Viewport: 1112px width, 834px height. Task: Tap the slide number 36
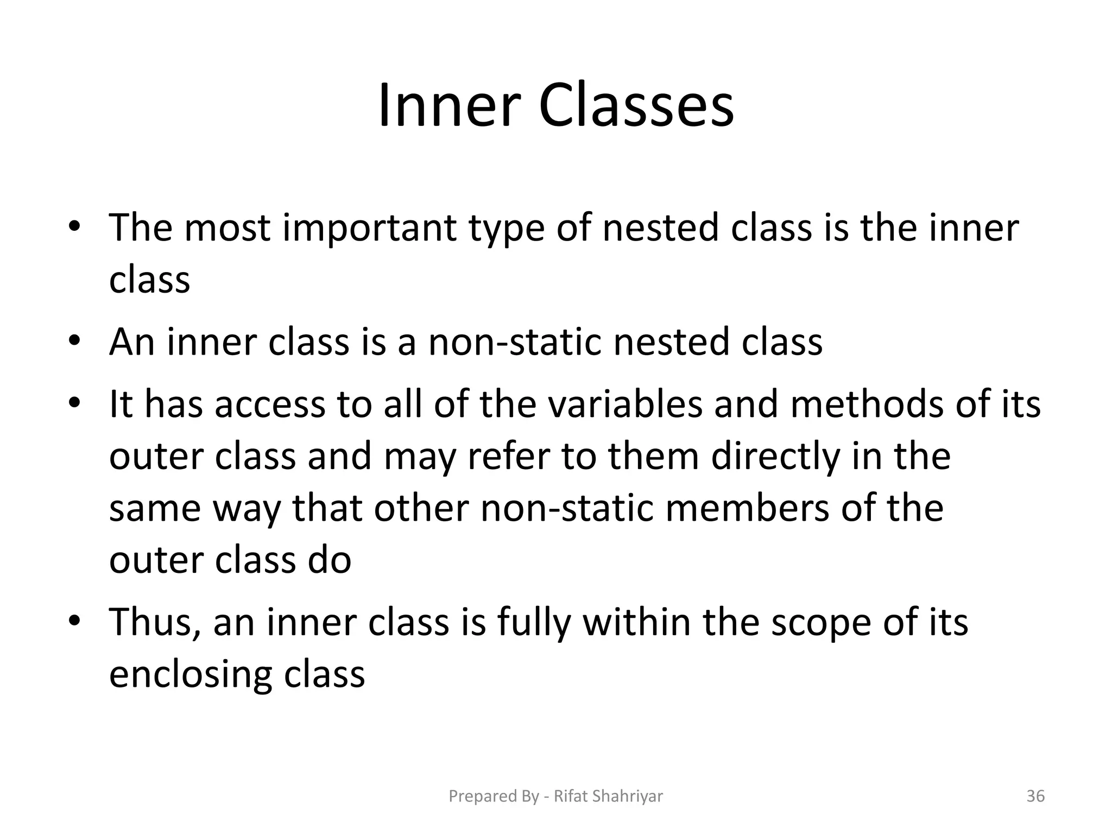pos(1035,796)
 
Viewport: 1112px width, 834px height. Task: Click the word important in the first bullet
pos(369,228)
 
